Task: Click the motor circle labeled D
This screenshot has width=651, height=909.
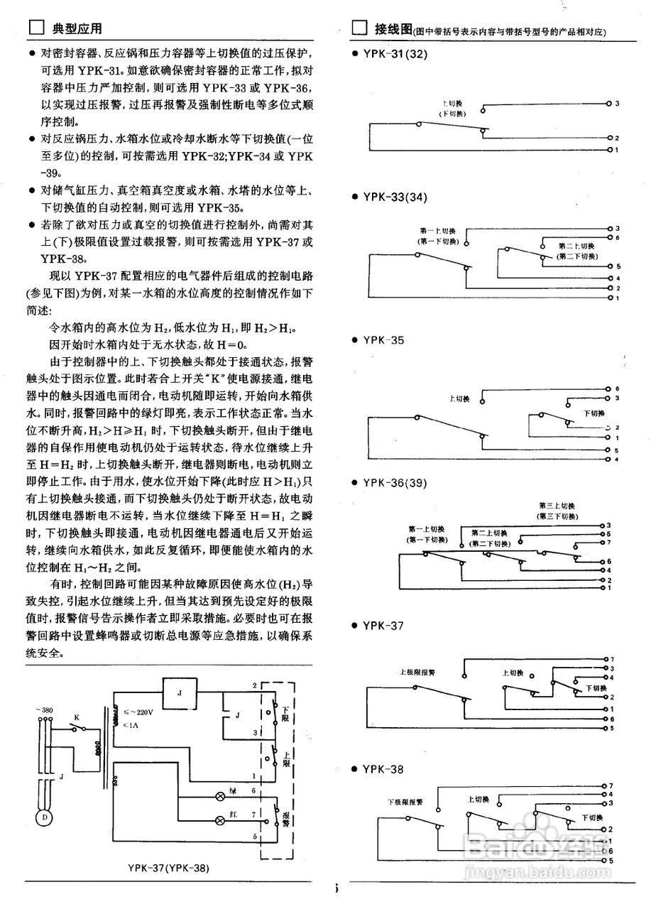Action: (45, 817)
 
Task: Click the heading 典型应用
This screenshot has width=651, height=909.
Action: (77, 29)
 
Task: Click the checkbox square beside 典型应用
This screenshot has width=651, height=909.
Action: (35, 29)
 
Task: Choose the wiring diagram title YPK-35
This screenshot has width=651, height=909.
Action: (383, 340)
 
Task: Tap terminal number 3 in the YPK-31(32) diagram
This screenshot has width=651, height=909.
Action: (617, 104)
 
